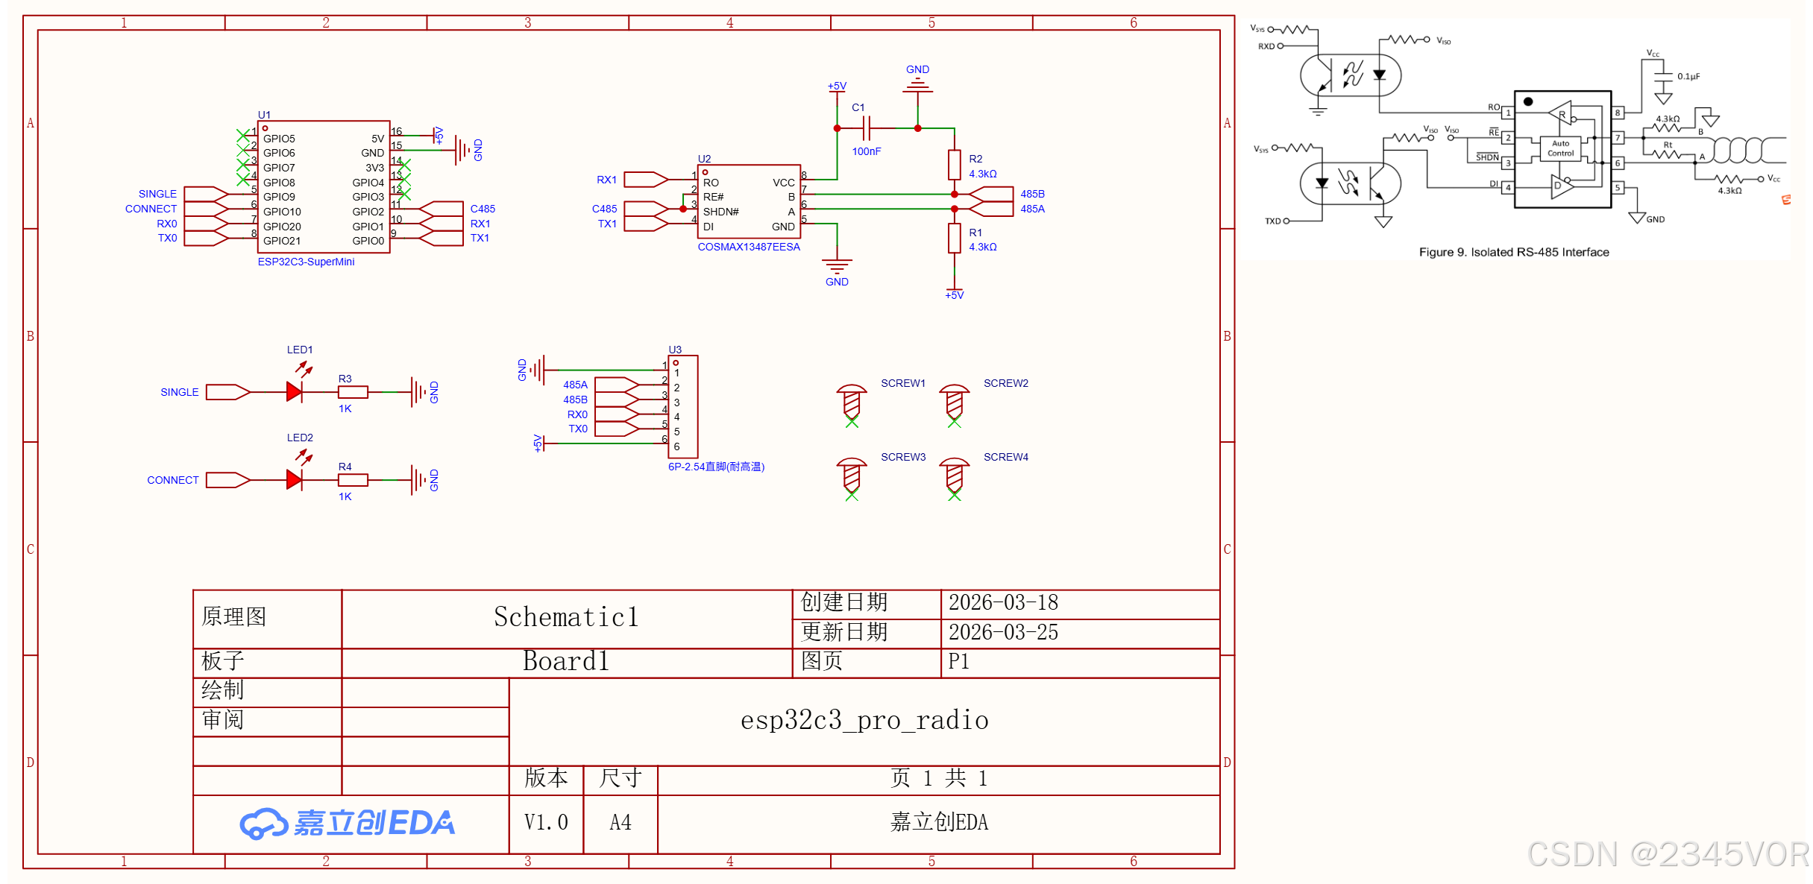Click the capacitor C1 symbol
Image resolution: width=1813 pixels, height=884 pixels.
pyautogui.click(x=866, y=128)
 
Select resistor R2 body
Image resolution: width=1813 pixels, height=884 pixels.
pyautogui.click(x=954, y=165)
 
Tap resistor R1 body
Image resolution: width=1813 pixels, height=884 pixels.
pyautogui.click(x=954, y=239)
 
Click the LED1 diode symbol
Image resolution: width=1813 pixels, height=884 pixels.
pyautogui.click(x=295, y=391)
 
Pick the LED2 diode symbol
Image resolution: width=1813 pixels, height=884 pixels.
pyautogui.click(x=295, y=479)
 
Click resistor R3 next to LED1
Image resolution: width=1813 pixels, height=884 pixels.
pyautogui.click(x=352, y=391)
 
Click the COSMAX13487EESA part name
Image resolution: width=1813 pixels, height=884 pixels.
pyautogui.click(x=748, y=247)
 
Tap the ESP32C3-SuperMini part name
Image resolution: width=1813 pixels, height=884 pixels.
pyautogui.click(x=306, y=262)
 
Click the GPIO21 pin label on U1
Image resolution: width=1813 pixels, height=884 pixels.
pyautogui.click(x=282, y=241)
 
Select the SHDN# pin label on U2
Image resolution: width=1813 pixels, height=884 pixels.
pyautogui.click(x=720, y=212)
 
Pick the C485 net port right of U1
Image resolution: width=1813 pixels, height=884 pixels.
pyautogui.click(x=442, y=209)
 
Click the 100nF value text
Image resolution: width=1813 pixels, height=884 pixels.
pyautogui.click(x=866, y=151)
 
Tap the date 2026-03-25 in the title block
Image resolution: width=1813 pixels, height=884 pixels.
pyautogui.click(x=1002, y=632)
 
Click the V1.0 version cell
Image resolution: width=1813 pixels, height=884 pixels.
pyautogui.click(x=546, y=822)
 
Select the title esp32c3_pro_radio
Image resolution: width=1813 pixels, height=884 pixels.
pyautogui.click(x=864, y=720)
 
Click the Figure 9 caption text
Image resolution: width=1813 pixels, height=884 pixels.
pyautogui.click(x=1513, y=252)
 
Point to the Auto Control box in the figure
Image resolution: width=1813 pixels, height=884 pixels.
pyautogui.click(x=1560, y=148)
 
